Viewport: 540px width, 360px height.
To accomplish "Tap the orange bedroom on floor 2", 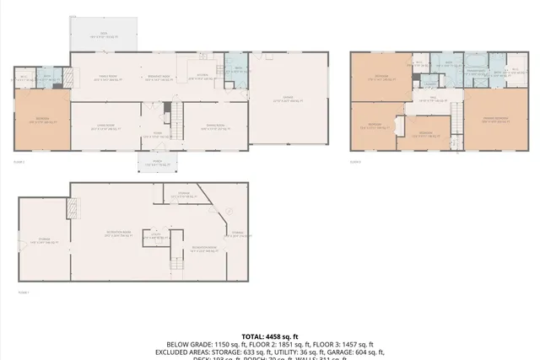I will pos(42,121).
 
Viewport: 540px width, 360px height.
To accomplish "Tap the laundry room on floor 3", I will pos(429,83).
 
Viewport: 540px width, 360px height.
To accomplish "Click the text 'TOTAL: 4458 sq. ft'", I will pos(269,336).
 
